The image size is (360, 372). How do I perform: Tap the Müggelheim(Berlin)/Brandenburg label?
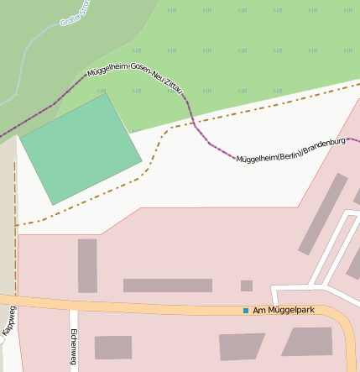[291, 153]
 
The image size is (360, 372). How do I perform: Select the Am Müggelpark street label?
[284, 311]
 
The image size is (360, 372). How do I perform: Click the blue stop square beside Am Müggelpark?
[246, 311]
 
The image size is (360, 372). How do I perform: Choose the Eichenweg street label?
[73, 348]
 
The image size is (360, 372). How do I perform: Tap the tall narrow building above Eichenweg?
[87, 265]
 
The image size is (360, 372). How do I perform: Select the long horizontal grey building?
[167, 286]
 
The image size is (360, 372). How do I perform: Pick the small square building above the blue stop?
[246, 286]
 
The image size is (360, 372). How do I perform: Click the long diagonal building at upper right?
[323, 213]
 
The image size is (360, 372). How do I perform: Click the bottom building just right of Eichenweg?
[112, 347]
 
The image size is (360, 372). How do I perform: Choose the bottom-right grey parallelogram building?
[307, 342]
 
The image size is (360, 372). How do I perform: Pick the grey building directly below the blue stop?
[242, 346]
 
